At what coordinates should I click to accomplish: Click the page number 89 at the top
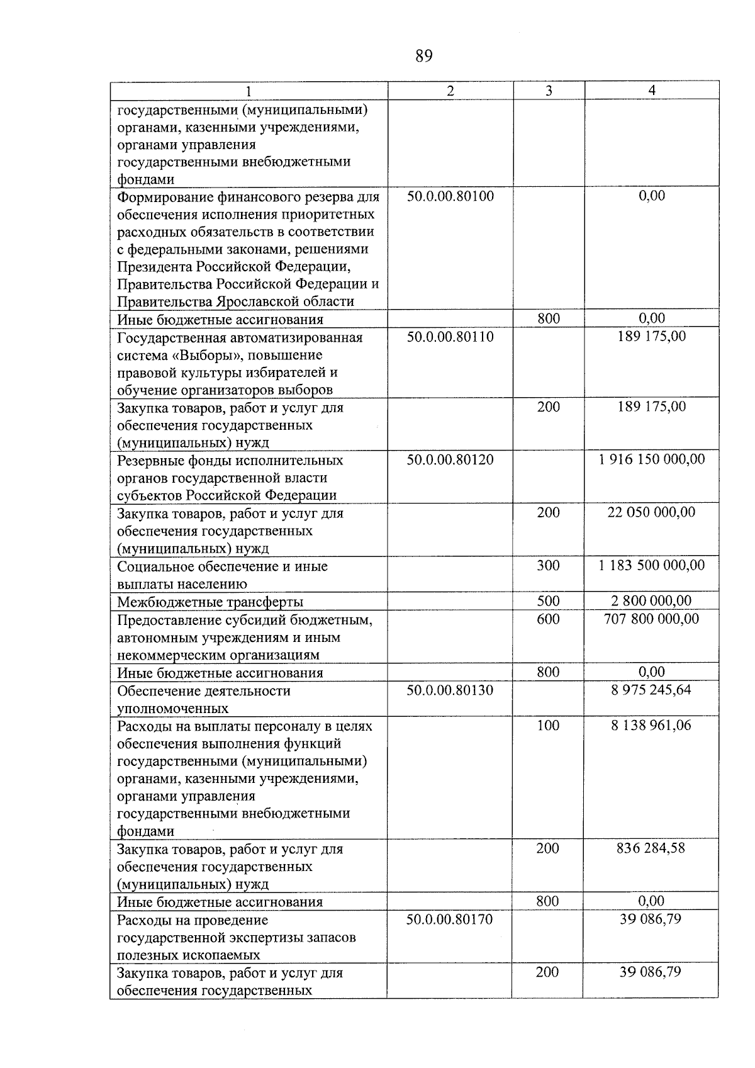(x=424, y=57)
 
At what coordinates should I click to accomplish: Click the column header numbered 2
(x=450, y=91)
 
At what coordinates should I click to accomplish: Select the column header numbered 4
(x=652, y=91)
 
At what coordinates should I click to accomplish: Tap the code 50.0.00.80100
(x=450, y=196)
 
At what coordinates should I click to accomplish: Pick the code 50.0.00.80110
(x=450, y=337)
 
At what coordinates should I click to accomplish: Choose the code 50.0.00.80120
(x=450, y=459)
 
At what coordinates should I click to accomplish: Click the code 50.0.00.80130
(x=450, y=690)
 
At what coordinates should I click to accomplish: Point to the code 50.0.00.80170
(x=449, y=919)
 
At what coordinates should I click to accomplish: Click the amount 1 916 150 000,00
(x=652, y=459)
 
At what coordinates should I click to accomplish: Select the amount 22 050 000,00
(x=652, y=512)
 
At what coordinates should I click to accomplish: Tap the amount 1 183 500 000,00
(x=652, y=565)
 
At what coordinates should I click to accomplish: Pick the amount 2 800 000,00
(x=652, y=601)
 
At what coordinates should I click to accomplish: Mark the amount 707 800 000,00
(x=652, y=619)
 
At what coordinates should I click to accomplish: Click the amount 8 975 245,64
(x=651, y=690)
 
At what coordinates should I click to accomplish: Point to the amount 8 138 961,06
(x=651, y=725)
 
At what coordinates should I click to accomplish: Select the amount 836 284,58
(x=651, y=848)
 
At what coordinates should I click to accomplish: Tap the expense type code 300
(x=549, y=565)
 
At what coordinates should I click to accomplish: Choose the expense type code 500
(x=549, y=601)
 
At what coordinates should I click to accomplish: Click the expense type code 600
(x=549, y=619)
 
